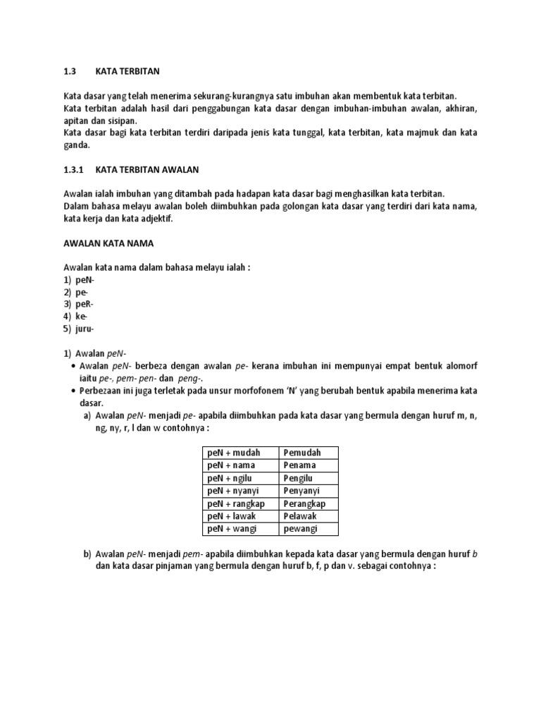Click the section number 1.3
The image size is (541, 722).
(x=70, y=71)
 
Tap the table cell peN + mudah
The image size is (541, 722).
(x=235, y=453)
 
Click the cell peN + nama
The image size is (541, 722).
(x=232, y=465)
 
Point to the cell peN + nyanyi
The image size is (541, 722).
(x=235, y=491)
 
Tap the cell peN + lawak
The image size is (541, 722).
(x=233, y=516)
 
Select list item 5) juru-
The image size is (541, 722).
(x=79, y=329)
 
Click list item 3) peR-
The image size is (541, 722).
(x=78, y=304)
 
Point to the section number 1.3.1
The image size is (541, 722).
(x=74, y=169)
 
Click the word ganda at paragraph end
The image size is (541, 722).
(x=77, y=145)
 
